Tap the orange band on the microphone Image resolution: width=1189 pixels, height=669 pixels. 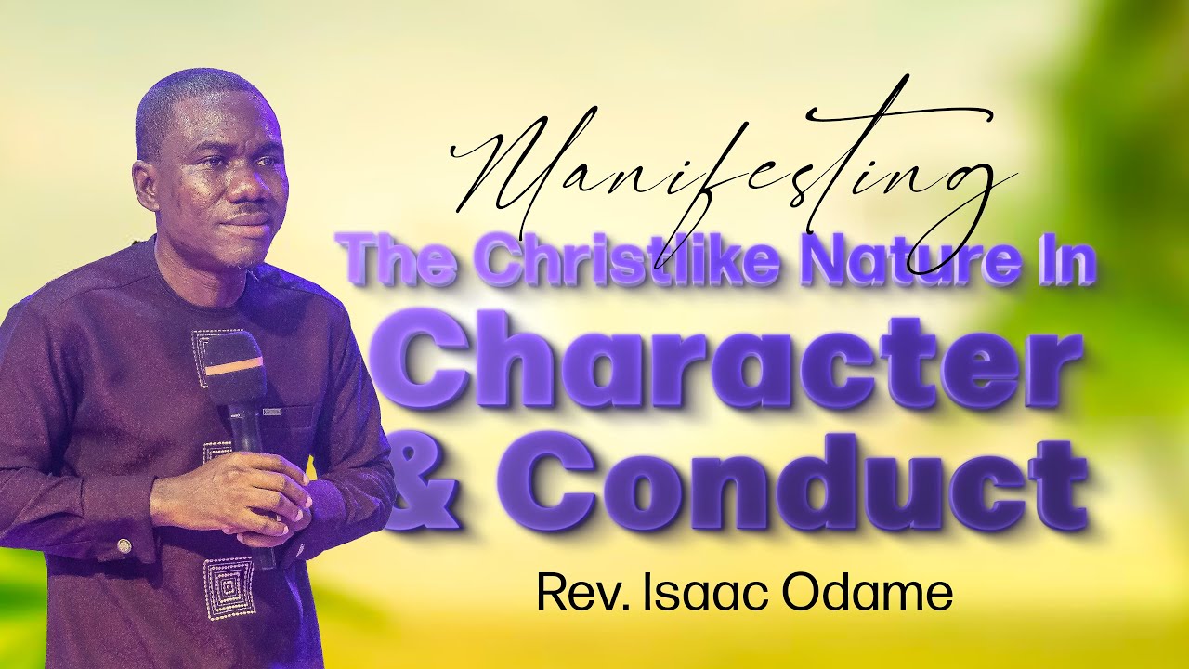234,368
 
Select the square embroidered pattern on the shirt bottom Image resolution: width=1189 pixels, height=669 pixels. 229,588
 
